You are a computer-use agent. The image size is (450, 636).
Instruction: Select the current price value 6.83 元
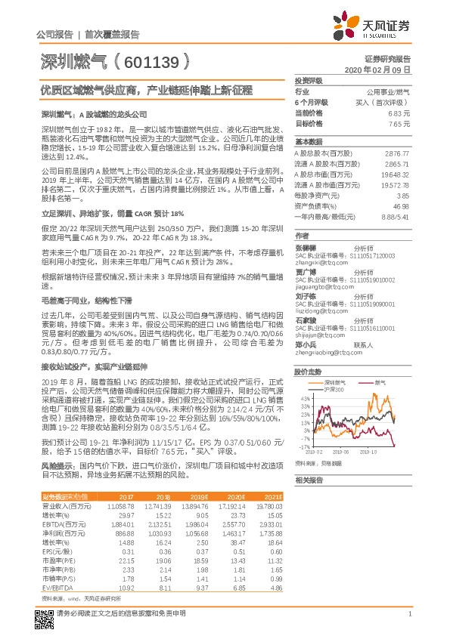[x=399, y=112]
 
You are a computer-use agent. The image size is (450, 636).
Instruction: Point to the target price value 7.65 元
[x=399, y=122]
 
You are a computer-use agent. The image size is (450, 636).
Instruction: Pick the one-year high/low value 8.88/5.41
[x=395, y=216]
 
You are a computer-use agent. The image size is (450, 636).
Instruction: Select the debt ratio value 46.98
[x=401, y=205]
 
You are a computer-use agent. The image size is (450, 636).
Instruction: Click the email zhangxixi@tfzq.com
[x=319, y=262]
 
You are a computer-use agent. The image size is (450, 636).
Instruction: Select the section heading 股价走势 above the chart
[x=309, y=372]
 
